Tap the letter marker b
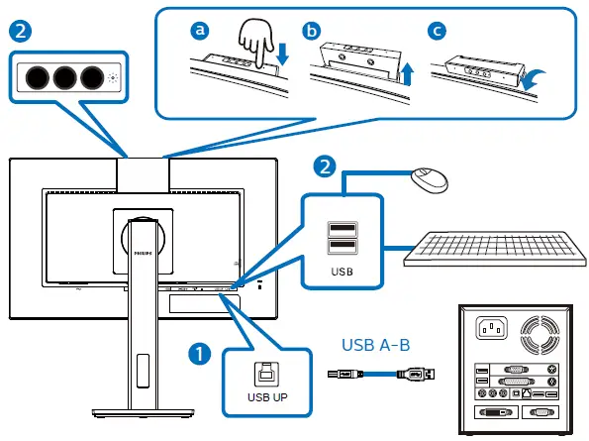click(314, 31)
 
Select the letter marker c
click(436, 31)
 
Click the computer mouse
click(429, 181)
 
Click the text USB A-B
click(378, 346)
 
